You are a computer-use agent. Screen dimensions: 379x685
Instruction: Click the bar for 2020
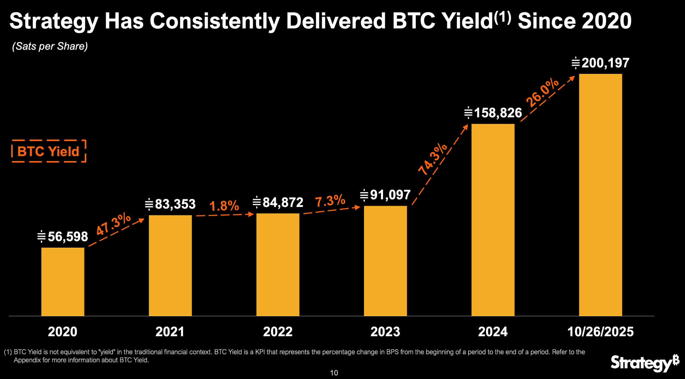pos(63,281)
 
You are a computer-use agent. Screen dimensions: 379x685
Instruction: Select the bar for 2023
pos(385,261)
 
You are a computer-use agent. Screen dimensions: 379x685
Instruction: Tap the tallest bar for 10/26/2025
pos(600,195)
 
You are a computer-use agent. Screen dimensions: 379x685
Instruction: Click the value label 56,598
pos(63,237)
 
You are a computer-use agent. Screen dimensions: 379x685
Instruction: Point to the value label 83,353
pos(170,204)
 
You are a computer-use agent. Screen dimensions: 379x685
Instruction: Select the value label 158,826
pos(493,113)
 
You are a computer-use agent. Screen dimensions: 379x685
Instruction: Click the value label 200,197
pos(600,63)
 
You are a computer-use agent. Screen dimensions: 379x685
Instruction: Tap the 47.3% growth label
pos(113,224)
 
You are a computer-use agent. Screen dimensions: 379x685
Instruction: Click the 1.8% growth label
pos(224,206)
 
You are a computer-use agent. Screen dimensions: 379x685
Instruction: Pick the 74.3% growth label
pos(432,159)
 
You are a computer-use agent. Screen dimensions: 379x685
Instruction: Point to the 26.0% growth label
pos(542,92)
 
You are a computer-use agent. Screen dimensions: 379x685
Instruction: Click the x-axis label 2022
pos(278,332)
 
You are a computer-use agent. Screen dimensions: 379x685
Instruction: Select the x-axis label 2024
pos(493,332)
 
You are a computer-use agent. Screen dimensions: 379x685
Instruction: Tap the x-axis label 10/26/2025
pos(600,332)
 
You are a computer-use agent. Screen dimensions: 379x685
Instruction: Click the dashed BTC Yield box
pos(49,151)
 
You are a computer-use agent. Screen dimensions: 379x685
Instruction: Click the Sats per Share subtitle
pos(50,46)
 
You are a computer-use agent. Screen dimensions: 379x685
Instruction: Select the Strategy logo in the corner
pos(644,363)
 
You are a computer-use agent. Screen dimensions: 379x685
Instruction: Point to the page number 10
pos(334,373)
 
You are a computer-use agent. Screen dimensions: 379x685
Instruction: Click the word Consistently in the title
pos(214,21)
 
